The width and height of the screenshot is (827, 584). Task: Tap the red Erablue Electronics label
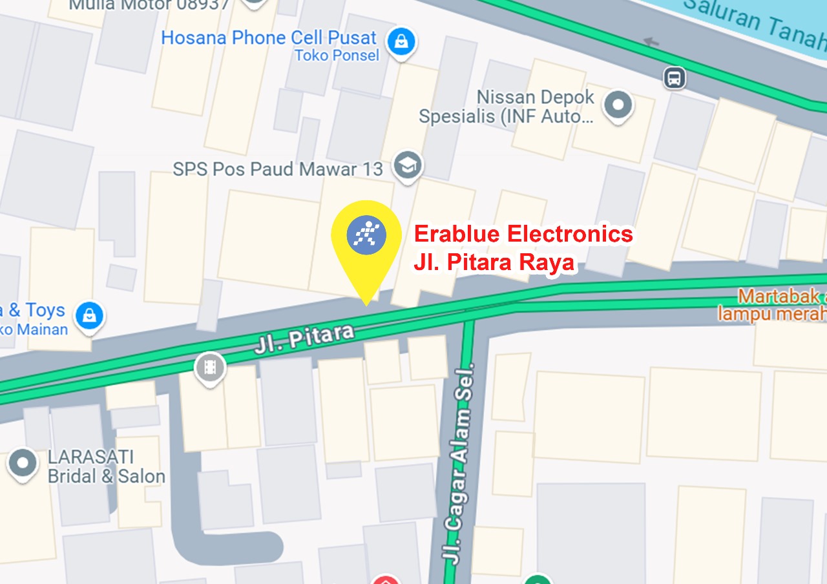click(523, 234)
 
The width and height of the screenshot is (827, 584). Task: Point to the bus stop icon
click(674, 79)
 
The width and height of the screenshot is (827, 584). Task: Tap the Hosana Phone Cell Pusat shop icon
click(401, 41)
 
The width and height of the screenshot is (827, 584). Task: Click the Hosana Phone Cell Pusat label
click(268, 37)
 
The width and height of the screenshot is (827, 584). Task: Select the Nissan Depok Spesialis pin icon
click(618, 104)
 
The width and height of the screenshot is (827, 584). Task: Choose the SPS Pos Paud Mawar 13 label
click(278, 169)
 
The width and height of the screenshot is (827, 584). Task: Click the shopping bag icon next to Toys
click(90, 316)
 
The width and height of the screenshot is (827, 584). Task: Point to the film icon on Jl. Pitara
click(210, 368)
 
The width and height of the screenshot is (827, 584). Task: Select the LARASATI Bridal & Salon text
click(106, 467)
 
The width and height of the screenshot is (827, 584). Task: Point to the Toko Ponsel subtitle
click(337, 56)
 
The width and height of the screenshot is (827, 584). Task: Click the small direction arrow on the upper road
click(651, 43)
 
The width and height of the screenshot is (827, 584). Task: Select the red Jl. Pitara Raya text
click(494, 263)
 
